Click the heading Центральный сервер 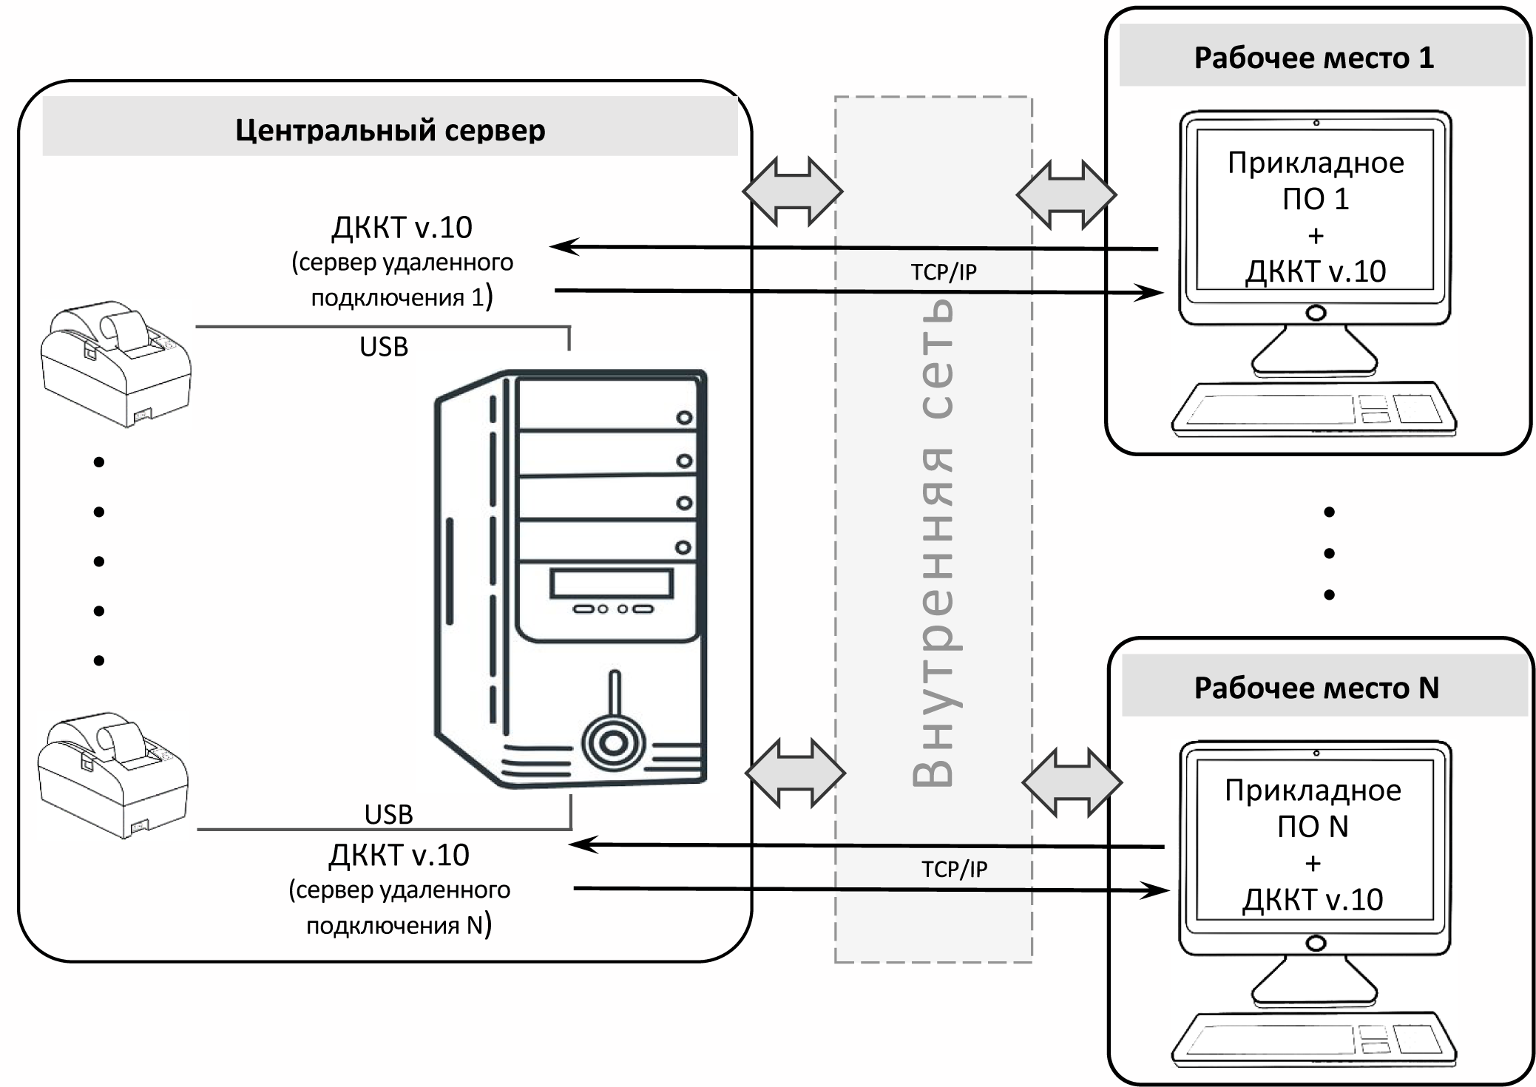[390, 130]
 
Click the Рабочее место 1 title [1313, 58]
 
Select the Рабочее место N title [1316, 688]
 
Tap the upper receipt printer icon [115, 363]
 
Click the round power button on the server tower [613, 743]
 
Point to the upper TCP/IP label [943, 272]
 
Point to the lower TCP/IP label [953, 869]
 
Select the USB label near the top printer [383, 347]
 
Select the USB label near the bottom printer [388, 814]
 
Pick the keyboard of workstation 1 [1313, 410]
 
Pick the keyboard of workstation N [1313, 1041]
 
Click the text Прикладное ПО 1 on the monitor [1315, 180]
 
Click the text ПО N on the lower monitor [1313, 826]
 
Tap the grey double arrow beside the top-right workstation [1066, 194]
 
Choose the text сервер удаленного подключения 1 [402, 280]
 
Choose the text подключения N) [399, 925]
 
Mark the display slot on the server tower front [611, 583]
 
